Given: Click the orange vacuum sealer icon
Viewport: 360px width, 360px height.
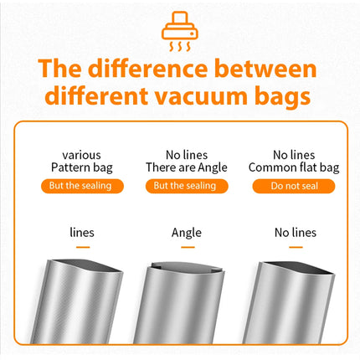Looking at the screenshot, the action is point(180,31).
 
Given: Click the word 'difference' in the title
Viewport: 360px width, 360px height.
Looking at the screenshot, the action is point(148,69).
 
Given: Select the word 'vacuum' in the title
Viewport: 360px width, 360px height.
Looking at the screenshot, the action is point(201,97).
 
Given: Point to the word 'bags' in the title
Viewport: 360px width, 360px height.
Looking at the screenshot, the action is point(282,97).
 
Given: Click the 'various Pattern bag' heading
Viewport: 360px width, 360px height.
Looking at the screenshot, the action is point(82,162).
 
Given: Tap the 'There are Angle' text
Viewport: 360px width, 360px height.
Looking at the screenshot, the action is point(187,167).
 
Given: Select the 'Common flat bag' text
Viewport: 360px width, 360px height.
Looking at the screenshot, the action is point(294,167).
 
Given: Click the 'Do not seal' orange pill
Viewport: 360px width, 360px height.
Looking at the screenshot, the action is point(294,186).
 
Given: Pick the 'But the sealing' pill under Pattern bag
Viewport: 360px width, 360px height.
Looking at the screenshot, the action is point(82,186).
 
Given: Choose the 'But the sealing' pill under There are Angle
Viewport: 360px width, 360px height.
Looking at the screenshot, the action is point(187,186).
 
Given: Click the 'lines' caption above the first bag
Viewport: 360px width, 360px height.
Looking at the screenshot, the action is point(82,233).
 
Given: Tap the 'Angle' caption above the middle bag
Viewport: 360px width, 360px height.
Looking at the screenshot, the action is point(187,233).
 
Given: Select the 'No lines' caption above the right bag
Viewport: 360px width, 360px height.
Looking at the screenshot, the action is point(296,233).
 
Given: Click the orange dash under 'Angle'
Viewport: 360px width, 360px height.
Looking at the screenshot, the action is point(188,247).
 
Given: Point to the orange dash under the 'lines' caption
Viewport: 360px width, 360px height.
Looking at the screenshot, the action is point(83,247).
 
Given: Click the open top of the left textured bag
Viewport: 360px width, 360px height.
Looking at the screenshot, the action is point(86,265).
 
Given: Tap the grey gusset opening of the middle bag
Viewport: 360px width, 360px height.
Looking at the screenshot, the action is point(186,267).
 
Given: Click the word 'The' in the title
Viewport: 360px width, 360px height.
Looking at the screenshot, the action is point(59,69).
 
